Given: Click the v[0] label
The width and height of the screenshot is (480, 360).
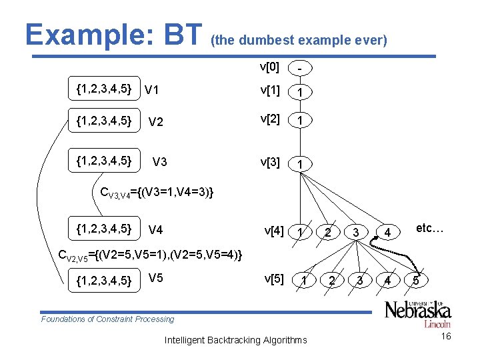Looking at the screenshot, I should [269, 67].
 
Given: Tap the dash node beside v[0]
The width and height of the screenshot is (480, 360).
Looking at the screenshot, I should [301, 69].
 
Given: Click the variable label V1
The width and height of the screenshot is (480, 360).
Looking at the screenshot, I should [152, 90].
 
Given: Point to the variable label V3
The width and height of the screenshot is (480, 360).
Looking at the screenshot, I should [160, 162].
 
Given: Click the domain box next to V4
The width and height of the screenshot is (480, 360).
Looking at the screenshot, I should [104, 229].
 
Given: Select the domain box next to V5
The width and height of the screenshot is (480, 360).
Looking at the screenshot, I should [104, 279].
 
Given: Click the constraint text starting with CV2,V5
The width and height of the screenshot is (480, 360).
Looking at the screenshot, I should [151, 254].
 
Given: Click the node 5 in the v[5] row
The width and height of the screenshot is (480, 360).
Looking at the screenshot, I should [415, 281].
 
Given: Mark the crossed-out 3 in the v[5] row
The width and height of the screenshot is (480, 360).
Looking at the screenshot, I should [359, 281].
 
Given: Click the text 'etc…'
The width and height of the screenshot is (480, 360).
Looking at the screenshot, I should [430, 229].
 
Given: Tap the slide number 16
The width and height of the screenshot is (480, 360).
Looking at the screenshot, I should [446, 337].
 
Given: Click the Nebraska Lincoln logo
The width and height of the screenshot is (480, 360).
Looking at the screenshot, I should [418, 313].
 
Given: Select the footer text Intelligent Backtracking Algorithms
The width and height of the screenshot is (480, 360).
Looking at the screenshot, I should [235, 340].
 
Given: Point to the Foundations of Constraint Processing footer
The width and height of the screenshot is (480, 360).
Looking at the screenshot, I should [107, 319].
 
